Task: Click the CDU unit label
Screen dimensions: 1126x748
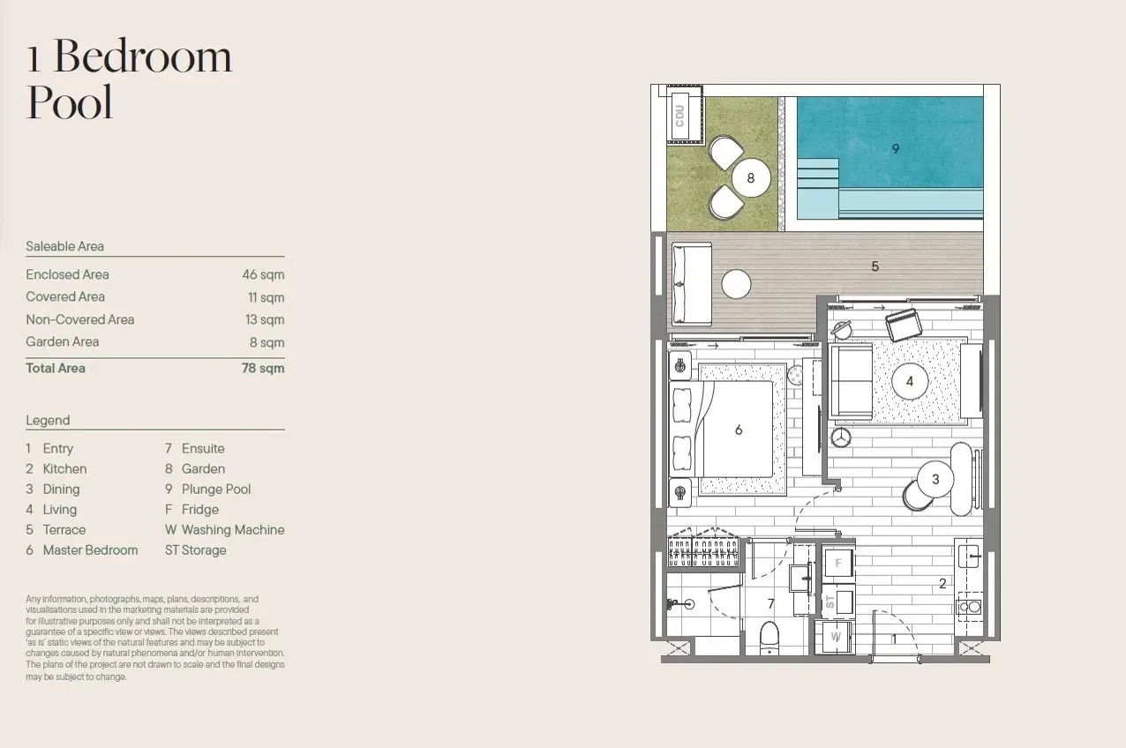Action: [x=679, y=116]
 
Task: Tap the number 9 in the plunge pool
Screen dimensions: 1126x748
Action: [x=896, y=149]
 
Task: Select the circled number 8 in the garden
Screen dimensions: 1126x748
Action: [x=750, y=178]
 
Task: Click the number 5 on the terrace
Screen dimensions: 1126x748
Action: [x=875, y=266]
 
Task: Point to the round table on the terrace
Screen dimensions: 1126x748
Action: [x=737, y=284]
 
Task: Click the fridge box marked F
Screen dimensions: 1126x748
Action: [x=838, y=563]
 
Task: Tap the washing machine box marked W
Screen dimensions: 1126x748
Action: [x=836, y=637]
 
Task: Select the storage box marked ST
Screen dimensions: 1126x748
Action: [x=838, y=602]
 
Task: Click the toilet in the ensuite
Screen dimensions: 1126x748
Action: [x=769, y=638]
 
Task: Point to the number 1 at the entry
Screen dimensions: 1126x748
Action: [x=894, y=639]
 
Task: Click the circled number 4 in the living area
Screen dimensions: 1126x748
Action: [x=909, y=381]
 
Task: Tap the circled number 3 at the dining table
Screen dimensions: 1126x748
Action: [x=935, y=479]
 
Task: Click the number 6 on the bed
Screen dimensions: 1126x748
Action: [x=739, y=430]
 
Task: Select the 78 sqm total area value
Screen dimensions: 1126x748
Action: [x=263, y=368]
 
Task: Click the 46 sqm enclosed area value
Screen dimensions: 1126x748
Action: [x=263, y=274]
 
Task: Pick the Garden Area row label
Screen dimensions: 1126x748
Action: [x=63, y=341]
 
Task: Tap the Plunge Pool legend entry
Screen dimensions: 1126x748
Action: [x=208, y=489]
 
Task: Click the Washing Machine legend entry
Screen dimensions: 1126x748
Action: [x=225, y=529]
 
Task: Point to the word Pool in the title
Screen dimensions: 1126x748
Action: [x=70, y=102]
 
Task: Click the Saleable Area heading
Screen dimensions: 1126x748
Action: [x=64, y=246]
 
